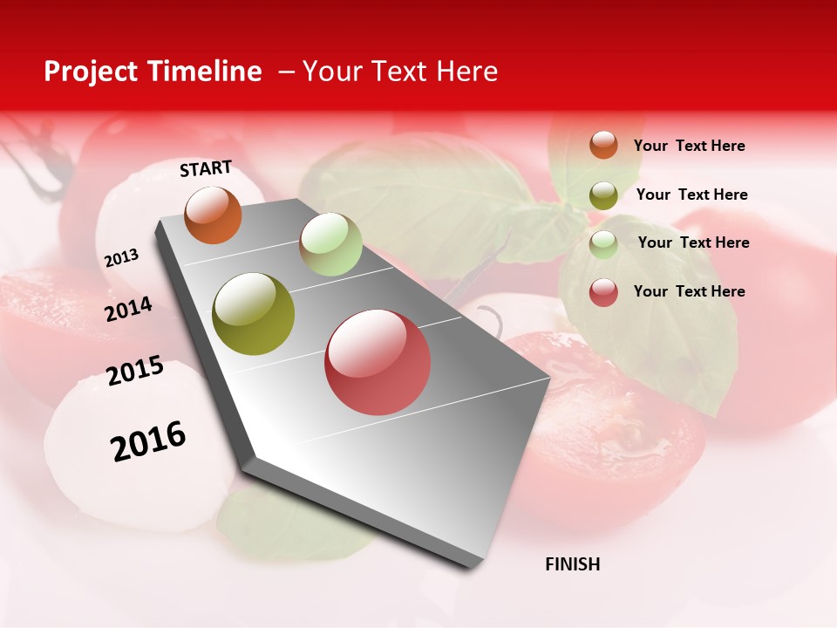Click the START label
(x=206, y=168)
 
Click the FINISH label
(x=573, y=564)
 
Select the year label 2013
(x=121, y=258)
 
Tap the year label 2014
(x=129, y=309)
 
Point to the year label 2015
(x=135, y=371)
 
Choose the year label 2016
(x=148, y=440)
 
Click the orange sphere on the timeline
(x=213, y=215)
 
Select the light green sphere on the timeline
(x=330, y=243)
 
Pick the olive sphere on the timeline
(x=254, y=314)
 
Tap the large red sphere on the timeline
(x=378, y=362)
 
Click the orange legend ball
(x=603, y=145)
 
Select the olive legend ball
(x=603, y=195)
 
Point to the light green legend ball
(x=603, y=244)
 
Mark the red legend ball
(x=603, y=292)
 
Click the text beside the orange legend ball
(x=689, y=146)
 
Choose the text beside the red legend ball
(x=689, y=291)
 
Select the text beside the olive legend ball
(x=691, y=195)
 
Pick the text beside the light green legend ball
(x=693, y=242)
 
